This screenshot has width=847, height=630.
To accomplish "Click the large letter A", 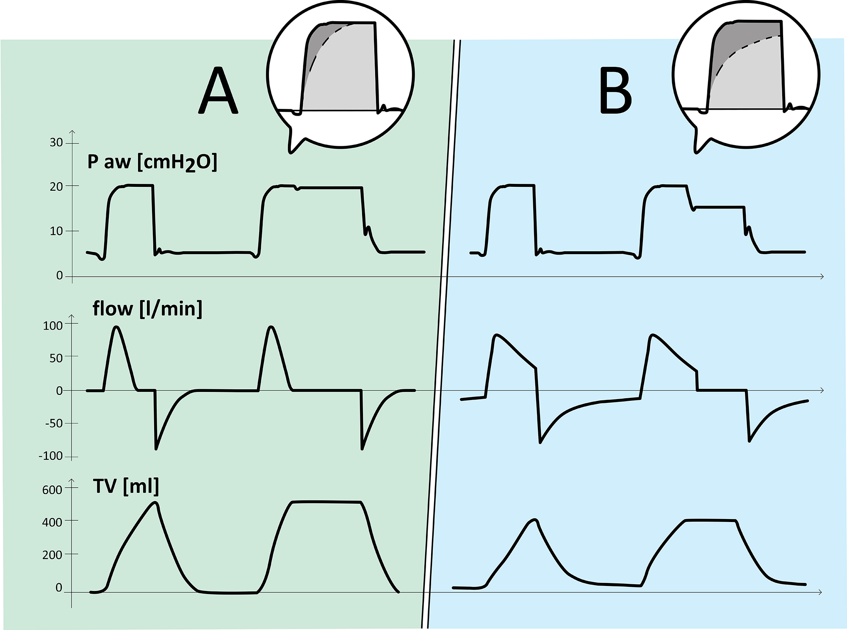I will click(219, 91).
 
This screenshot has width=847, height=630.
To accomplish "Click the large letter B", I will click(616, 91).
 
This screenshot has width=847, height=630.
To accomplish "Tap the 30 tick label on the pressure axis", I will click(56, 143).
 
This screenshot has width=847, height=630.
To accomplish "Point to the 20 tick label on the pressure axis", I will click(56, 187).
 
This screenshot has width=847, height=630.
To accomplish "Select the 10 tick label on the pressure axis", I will click(56, 231).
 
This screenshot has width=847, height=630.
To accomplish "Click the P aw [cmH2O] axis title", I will click(152, 163).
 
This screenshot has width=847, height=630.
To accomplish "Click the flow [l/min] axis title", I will click(147, 309).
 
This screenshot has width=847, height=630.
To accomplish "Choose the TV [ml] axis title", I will click(126, 486).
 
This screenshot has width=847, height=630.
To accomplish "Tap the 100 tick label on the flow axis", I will click(53, 326).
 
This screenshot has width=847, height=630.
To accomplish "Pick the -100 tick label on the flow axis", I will click(50, 456).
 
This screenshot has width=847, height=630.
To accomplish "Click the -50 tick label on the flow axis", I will click(53, 423).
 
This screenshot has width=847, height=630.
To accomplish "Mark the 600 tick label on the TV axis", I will click(52, 490).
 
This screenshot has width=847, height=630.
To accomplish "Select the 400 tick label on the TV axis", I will click(52, 523).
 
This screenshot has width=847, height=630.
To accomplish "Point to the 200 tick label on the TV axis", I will click(52, 555).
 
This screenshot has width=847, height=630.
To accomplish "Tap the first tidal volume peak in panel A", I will click(155, 503).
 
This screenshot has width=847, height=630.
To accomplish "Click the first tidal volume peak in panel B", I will click(535, 520).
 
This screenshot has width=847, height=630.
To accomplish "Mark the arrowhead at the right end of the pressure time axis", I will click(822, 277).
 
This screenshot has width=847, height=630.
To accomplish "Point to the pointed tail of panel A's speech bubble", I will click(291, 151).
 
